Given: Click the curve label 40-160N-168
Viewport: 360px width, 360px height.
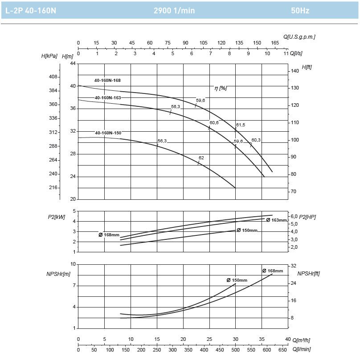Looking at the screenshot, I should (107, 81).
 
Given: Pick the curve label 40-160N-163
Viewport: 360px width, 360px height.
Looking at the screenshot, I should (107, 97).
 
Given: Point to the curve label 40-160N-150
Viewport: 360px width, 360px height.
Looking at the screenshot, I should (108, 133).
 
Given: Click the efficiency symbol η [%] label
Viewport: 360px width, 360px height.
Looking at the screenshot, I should (221, 88).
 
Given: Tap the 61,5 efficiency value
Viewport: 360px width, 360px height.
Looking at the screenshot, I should (241, 125).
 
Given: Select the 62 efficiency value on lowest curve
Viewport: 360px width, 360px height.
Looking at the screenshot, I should (201, 158).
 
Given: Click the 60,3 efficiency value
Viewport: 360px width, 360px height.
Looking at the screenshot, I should (256, 140).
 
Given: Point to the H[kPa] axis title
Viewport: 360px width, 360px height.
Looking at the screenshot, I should (49, 56).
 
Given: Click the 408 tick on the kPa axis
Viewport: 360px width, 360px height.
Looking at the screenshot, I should (53, 77).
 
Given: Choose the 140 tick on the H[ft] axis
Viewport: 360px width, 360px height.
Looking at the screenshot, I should (295, 71).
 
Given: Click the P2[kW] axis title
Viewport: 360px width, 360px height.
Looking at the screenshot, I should (56, 217).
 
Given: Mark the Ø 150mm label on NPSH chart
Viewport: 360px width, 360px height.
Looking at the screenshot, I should (237, 280).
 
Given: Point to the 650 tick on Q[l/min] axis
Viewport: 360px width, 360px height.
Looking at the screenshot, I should (283, 350).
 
